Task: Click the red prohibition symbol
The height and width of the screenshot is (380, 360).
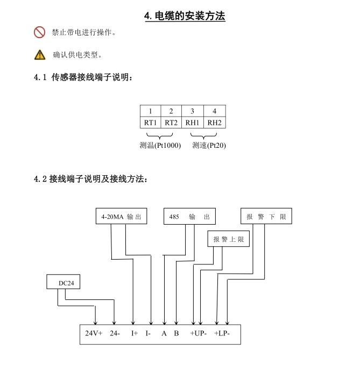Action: [x=39, y=32]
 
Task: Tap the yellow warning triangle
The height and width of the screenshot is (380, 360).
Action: [x=40, y=55]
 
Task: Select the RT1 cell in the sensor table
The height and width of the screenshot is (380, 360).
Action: [x=151, y=123]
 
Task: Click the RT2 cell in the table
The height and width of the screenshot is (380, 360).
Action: [x=171, y=123]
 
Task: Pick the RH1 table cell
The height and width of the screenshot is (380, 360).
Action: [x=192, y=123]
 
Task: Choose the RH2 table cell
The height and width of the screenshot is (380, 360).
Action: [x=215, y=123]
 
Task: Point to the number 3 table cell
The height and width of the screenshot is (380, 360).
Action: [x=192, y=111]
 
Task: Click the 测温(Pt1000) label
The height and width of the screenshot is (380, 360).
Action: [x=160, y=145]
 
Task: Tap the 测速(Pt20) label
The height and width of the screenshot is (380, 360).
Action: [x=209, y=145]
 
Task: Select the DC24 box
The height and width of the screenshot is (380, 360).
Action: [x=63, y=282]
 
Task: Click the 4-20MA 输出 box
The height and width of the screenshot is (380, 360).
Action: [x=121, y=216]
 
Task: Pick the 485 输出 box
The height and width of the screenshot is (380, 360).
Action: [x=189, y=216]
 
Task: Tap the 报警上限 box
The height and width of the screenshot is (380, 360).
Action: [x=229, y=239]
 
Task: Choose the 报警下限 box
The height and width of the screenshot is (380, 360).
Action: [x=266, y=216]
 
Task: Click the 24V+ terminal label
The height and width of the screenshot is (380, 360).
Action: [x=94, y=333]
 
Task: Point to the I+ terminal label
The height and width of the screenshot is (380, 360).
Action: [x=135, y=333]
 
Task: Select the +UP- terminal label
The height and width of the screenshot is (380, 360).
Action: [x=198, y=333]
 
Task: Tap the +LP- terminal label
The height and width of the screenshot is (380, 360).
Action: [x=222, y=333]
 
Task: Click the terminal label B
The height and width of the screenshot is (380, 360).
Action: [x=177, y=333]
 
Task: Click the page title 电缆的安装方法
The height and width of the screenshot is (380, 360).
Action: [x=190, y=16]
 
